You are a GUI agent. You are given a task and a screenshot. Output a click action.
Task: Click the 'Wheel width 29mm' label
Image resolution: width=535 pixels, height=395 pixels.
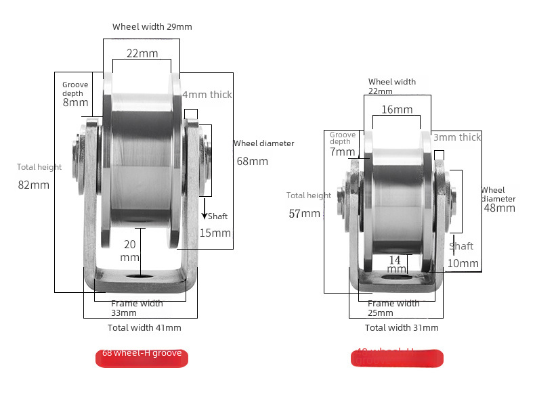click(152, 27)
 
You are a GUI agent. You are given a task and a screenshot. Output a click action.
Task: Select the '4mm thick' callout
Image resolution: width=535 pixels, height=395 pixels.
click(207, 95)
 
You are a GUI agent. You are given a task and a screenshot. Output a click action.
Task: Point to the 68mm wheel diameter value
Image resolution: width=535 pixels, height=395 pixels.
click(252, 161)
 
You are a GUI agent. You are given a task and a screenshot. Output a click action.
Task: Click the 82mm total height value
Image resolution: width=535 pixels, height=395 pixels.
click(33, 185)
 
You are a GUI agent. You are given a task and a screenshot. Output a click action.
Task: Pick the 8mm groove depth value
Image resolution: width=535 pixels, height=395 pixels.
click(75, 103)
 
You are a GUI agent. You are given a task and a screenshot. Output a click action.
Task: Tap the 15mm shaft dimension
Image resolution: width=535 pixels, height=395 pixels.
click(215, 233)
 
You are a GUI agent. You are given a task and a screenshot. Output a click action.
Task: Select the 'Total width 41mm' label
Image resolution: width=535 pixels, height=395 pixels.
click(144, 327)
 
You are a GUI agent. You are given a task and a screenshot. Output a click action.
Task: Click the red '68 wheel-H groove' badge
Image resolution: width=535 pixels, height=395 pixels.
click(142, 358)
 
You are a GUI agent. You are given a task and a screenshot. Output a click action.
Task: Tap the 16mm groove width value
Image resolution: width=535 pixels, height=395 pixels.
click(396, 110)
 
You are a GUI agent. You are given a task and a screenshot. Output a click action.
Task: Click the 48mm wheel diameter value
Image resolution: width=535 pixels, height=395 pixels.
click(499, 208)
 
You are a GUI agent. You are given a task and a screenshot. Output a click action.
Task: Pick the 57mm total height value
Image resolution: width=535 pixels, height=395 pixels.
click(304, 214)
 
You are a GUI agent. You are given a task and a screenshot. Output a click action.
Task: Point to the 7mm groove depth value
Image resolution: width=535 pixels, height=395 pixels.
click(342, 152)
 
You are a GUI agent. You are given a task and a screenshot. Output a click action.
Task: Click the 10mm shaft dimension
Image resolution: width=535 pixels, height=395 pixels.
click(463, 263)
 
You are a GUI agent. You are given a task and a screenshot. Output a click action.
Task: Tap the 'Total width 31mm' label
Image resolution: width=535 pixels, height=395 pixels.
click(402, 327)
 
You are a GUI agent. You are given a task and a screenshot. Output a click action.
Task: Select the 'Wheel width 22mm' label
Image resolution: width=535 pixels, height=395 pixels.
click(391, 86)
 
